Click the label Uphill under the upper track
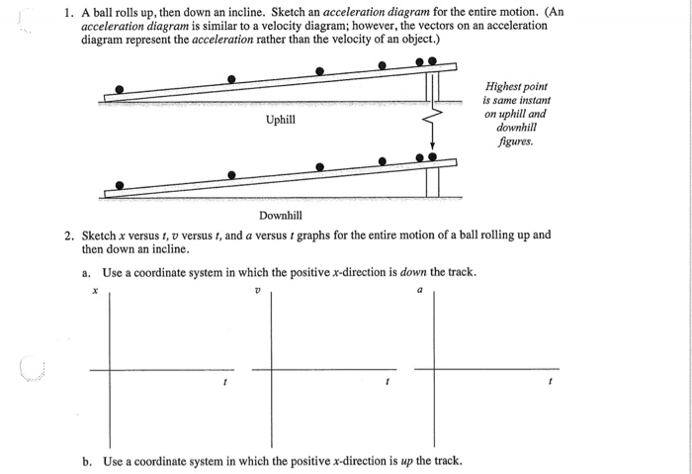pyautogui.click(x=281, y=120)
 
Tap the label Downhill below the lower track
pyautogui.click(x=280, y=215)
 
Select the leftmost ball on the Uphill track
pyautogui.click(x=120, y=89)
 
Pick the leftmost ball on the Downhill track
pyautogui.click(x=120, y=185)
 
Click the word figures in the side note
pyautogui.click(x=515, y=142)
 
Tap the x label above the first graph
pyautogui.click(x=95, y=291)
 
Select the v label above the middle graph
pyautogui.click(x=257, y=291)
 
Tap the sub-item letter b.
pyautogui.click(x=87, y=460)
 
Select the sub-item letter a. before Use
pyautogui.click(x=87, y=272)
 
